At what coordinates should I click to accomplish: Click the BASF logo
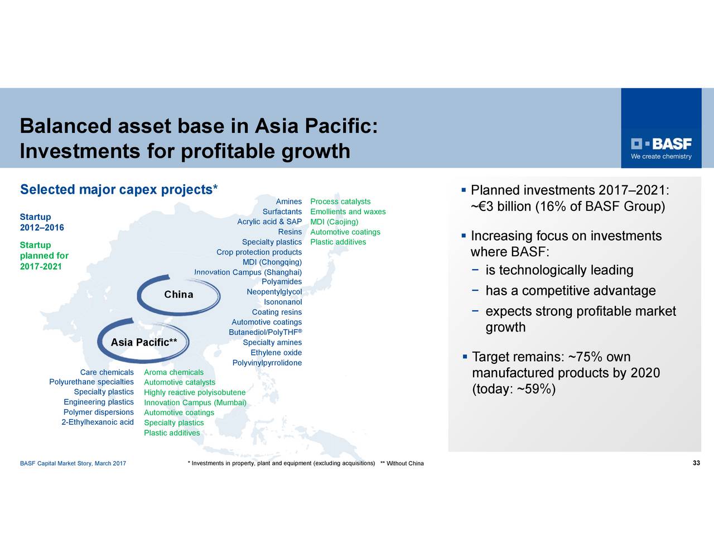point(661,148)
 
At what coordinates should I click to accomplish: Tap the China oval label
point(178,294)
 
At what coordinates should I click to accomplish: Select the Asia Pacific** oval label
point(144,342)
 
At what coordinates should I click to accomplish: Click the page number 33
point(696,463)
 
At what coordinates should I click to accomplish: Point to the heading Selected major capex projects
point(119,190)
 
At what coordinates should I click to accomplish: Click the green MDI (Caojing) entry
point(334,222)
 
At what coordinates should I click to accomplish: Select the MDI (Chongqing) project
point(272,262)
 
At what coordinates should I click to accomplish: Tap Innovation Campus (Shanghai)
point(248,272)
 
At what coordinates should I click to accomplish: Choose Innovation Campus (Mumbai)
point(195,402)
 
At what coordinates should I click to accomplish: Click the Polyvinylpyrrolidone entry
point(267,363)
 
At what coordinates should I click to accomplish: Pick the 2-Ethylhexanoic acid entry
point(98,422)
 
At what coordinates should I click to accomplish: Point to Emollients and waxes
point(348,212)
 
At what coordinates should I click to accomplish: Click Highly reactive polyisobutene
point(195,392)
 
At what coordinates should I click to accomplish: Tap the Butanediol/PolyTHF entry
point(266,332)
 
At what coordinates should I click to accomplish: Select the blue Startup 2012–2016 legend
point(42,222)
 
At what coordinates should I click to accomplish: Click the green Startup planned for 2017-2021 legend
point(45,256)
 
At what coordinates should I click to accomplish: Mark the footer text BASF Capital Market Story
point(73,463)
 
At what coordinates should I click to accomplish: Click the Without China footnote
point(402,463)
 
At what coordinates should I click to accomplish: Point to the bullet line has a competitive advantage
point(571,291)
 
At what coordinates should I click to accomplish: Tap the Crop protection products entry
point(259,252)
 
